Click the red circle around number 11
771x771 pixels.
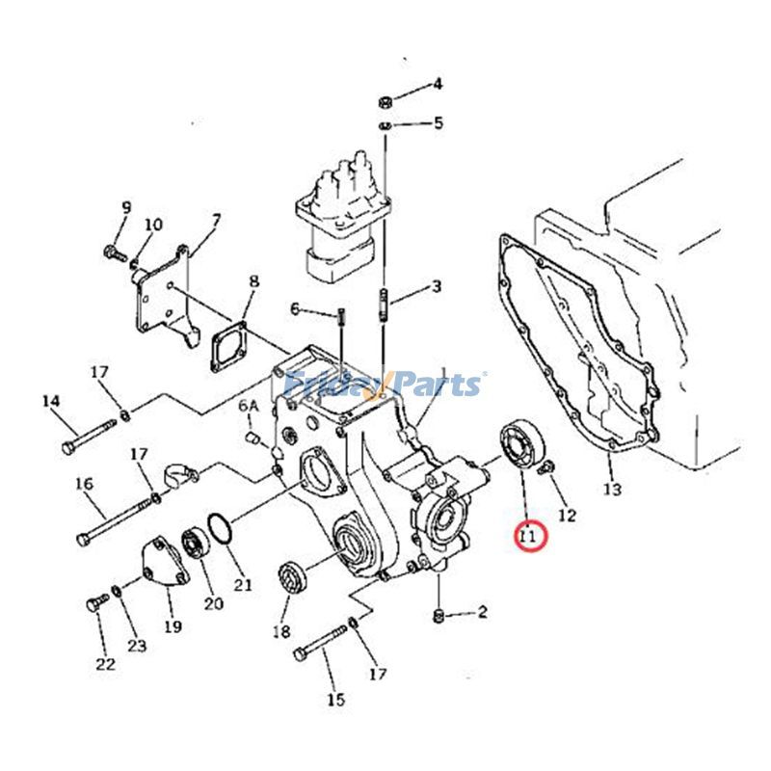(530, 537)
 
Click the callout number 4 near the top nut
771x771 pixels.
(437, 84)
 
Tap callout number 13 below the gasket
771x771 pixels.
(612, 489)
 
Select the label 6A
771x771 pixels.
(249, 407)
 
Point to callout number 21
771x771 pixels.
(242, 583)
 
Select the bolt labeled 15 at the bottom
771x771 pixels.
(321, 643)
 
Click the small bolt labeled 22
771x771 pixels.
(94, 604)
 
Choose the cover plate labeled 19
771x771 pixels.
(161, 560)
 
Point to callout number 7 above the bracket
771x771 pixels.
(216, 221)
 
